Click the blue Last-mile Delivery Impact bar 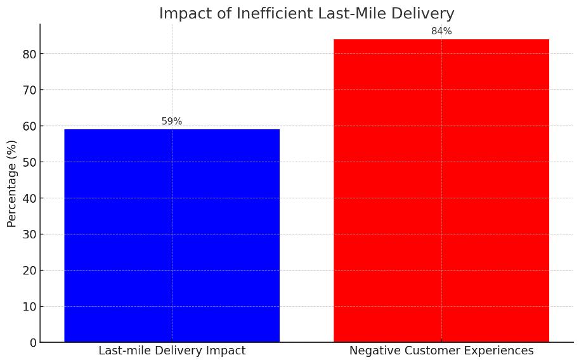point(172,236)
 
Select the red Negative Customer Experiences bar point(441,191)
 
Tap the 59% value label point(172,122)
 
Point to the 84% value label point(441,32)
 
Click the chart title point(306,13)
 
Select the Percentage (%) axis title point(12,183)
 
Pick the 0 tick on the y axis point(32,343)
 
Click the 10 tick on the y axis point(29,307)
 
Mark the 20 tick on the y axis point(29,271)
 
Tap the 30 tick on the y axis point(29,235)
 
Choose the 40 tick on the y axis point(29,198)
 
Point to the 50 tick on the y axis point(29,162)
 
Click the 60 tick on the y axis point(29,126)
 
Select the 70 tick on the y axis point(29,90)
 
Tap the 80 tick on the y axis point(29,54)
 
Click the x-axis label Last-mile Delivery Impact point(172,351)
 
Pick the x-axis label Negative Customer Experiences point(441,351)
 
